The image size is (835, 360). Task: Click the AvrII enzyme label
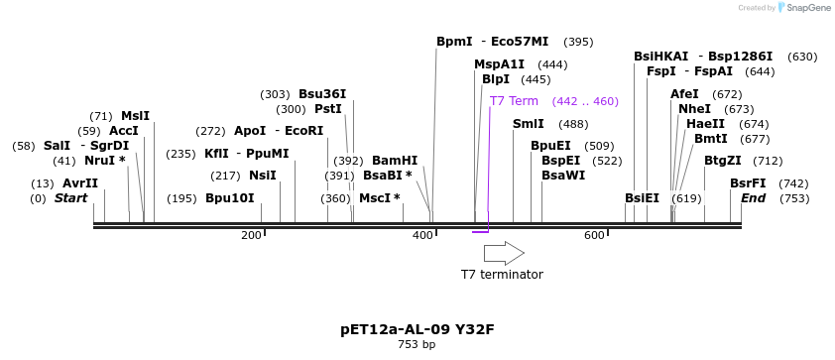[80, 183]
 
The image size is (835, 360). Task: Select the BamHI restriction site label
[395, 161]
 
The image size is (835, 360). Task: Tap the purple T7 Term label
[514, 101]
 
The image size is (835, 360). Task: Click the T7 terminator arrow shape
[504, 253]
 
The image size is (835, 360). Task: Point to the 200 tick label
[251, 235]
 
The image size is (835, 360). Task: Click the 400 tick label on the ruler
[422, 235]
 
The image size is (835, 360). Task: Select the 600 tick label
[594, 235]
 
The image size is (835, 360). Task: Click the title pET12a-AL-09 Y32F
[417, 329]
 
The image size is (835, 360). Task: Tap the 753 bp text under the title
[417, 345]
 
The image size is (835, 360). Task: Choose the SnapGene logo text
[809, 8]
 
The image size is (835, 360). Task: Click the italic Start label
[70, 198]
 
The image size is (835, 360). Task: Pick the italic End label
[754, 198]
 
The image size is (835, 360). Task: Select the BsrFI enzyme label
[748, 183]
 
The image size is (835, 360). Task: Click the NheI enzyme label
[694, 109]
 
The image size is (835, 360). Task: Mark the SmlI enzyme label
[528, 124]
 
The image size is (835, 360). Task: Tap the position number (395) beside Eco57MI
[578, 42]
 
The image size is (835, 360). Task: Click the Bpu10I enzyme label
[229, 198]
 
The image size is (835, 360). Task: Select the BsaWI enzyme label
[563, 176]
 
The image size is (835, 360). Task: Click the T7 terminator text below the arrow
[502, 275]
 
